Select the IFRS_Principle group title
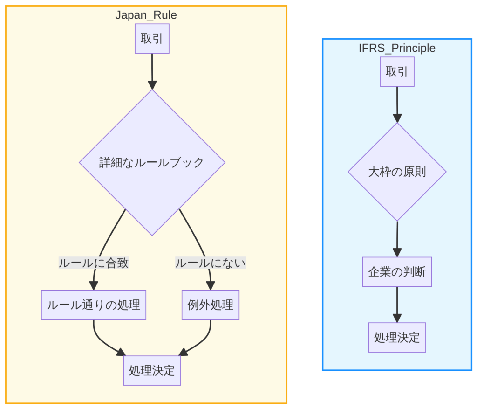coord(397,48)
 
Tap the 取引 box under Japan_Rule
coord(152,38)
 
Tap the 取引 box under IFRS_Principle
coord(397,71)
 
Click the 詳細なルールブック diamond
coord(152,162)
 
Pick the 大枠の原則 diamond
coord(397,172)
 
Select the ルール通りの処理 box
coord(93,305)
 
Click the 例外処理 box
coord(210,305)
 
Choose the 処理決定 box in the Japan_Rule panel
coord(152,371)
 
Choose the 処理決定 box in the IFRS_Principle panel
coord(397,338)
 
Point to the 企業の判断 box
coord(397,272)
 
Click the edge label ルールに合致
coord(93,263)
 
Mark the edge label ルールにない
coord(210,263)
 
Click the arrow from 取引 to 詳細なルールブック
coord(152,70)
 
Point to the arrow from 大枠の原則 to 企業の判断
coord(397,238)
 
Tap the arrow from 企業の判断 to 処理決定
coord(397,304)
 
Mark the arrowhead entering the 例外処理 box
coord(211,286)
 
